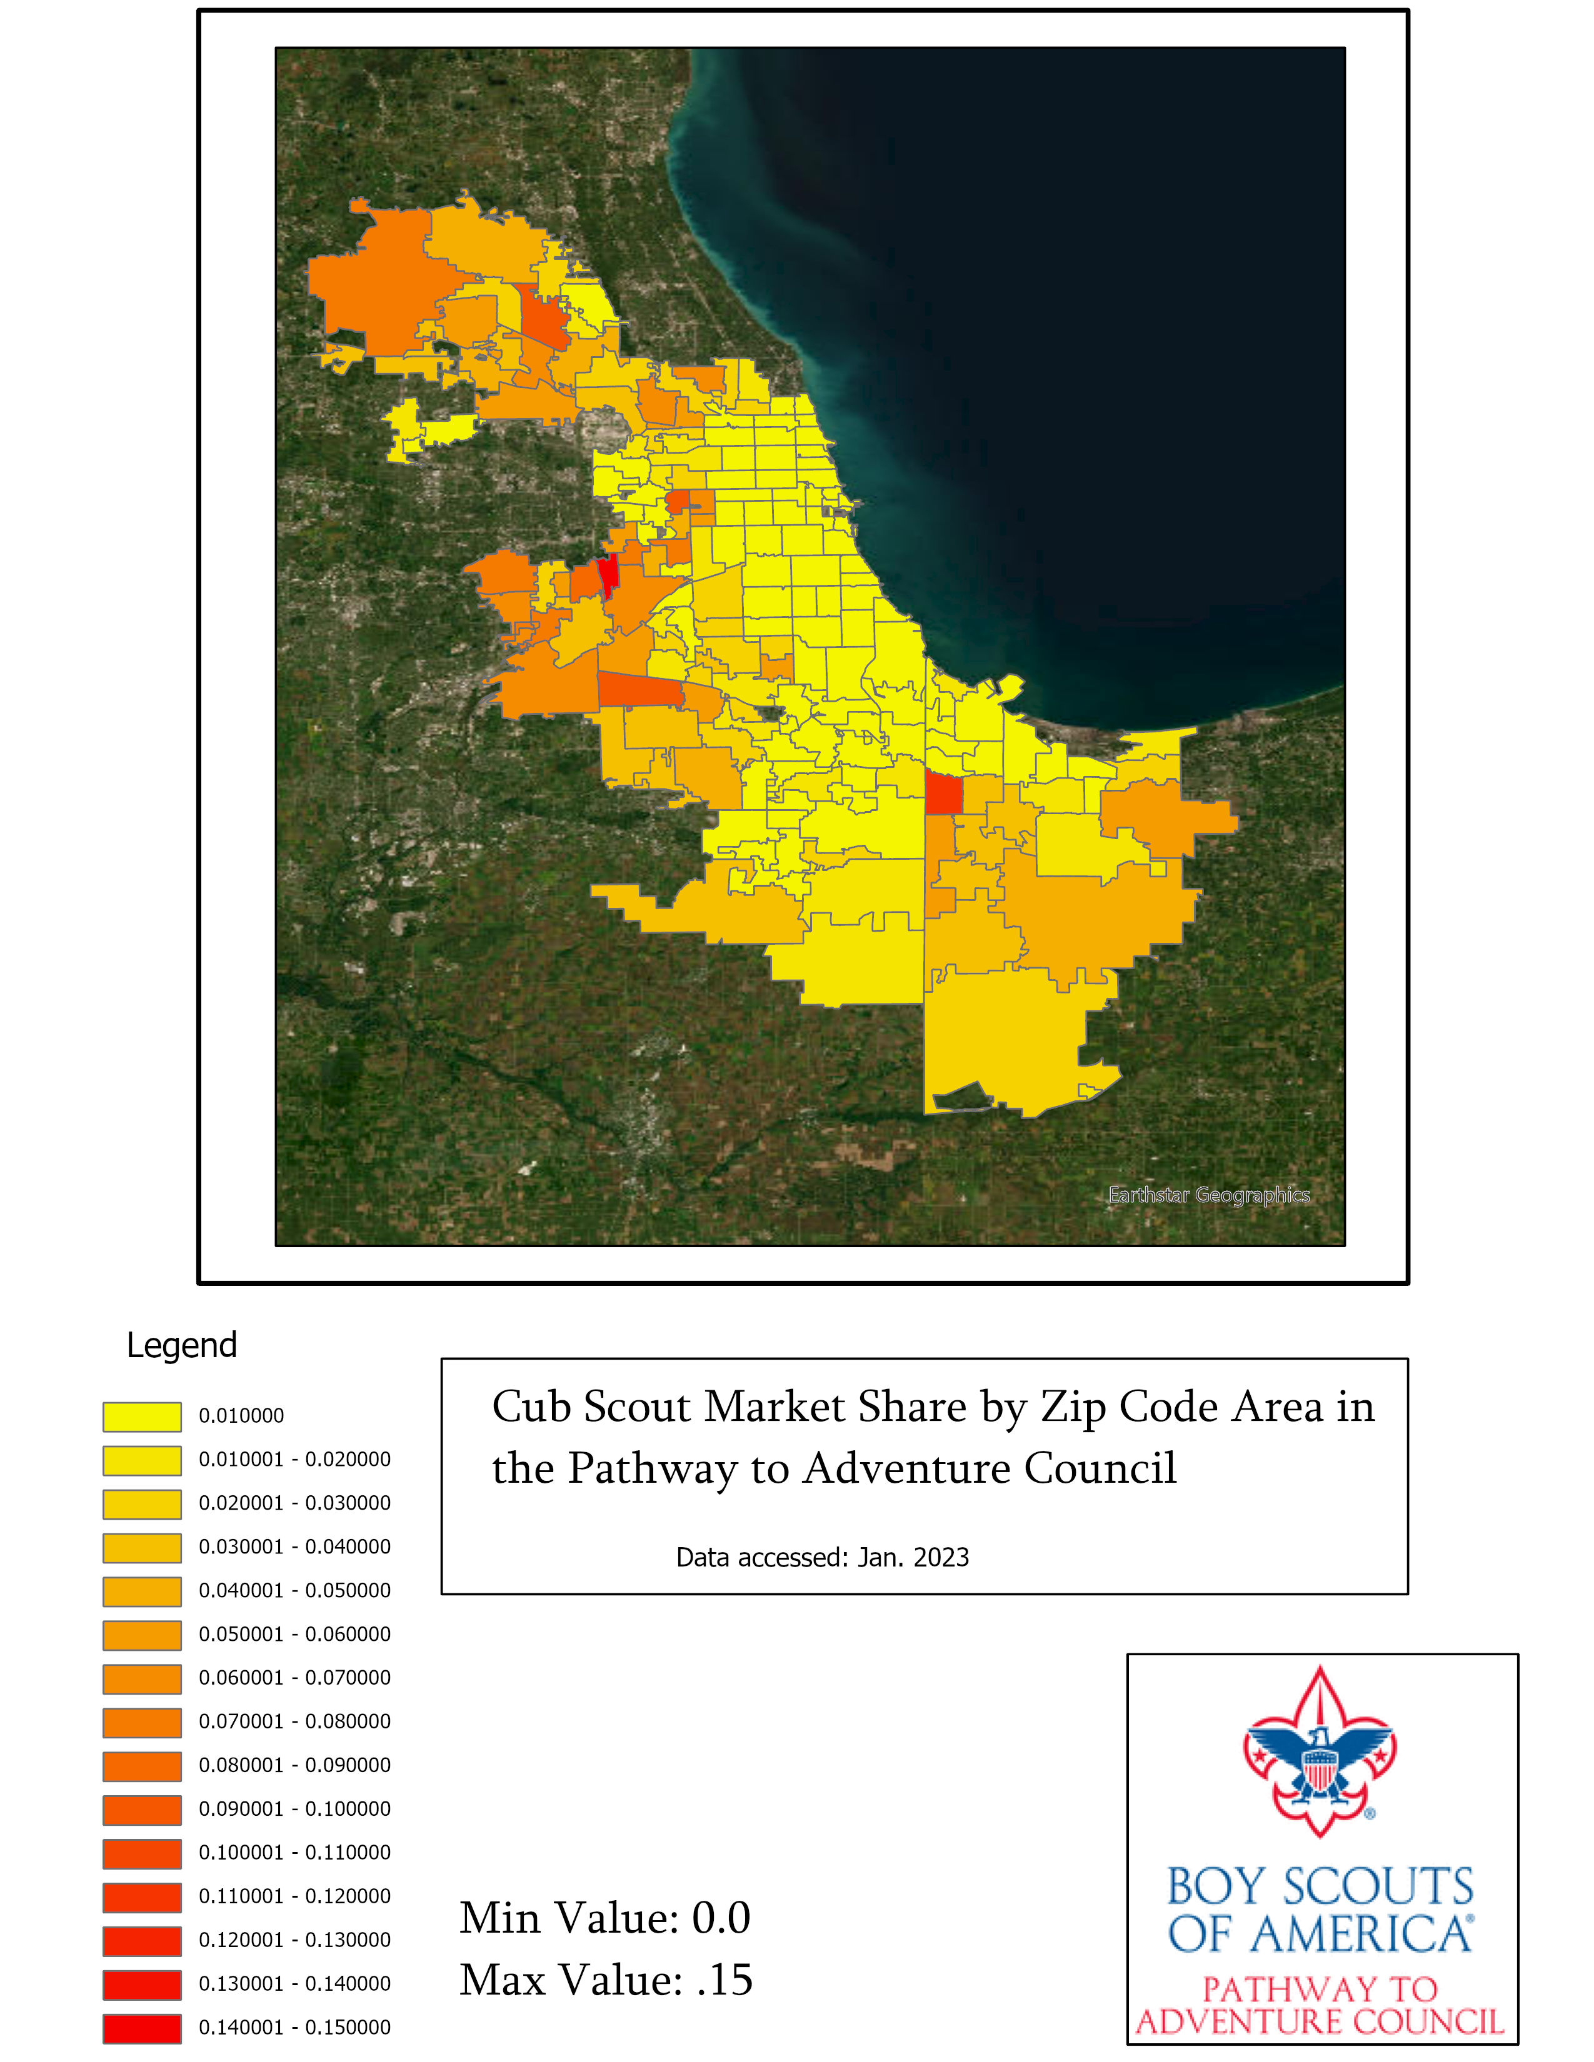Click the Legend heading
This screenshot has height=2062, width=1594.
181,1345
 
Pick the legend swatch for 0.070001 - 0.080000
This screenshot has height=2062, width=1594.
142,1722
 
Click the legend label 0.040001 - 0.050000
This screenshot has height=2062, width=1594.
294,1590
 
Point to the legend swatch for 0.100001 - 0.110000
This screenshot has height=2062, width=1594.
142,1853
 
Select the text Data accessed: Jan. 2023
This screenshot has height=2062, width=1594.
821,1557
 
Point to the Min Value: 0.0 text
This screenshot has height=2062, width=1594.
604,1918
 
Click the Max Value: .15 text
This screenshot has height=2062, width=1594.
605,1980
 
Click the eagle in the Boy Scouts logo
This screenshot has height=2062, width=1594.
1320,1758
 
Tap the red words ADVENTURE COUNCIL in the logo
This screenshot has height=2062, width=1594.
1320,2021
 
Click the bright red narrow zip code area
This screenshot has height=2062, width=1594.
609,573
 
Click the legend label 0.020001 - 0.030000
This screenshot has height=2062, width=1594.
294,1503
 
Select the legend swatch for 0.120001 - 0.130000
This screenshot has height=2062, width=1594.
142,1941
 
